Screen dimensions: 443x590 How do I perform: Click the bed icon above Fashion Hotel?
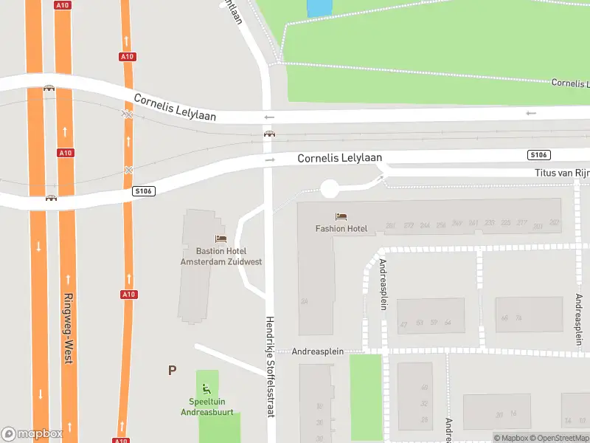point(341,216)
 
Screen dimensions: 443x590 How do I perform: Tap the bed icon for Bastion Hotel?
point(220,238)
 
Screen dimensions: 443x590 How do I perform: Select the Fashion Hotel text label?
point(341,228)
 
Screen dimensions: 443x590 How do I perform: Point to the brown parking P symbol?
point(172,371)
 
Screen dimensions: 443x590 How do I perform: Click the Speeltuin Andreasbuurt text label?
point(207,406)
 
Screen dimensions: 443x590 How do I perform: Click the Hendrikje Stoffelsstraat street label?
point(270,366)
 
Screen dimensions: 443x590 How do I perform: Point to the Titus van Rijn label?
point(561,173)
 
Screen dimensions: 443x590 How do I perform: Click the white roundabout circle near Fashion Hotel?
point(329,188)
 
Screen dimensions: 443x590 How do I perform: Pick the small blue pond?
point(319,7)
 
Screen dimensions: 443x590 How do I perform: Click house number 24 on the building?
point(304,301)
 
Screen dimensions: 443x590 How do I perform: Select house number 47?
point(403,323)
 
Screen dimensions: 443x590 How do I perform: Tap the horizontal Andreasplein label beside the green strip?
point(319,352)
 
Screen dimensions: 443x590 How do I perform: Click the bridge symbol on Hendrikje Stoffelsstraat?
point(270,134)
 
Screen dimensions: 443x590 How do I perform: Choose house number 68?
point(504,318)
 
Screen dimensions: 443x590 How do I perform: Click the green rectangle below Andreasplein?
point(365,396)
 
